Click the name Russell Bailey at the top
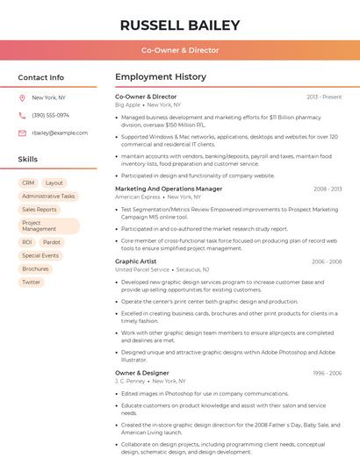[180, 25]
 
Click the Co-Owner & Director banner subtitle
[180, 50]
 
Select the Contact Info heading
[41, 77]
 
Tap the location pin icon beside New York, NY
[22, 97]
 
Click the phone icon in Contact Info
[22, 115]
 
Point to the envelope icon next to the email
[22, 133]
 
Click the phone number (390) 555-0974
[50, 115]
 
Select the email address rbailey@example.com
[60, 133]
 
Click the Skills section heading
[28, 160]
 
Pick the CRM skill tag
[28, 183]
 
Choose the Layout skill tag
[54, 183]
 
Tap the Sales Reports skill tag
[40, 210]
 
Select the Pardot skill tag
[52, 242]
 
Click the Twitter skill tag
[32, 283]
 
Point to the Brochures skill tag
[36, 269]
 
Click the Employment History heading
[160, 77]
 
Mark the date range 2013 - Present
[324, 97]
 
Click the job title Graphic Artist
[136, 261]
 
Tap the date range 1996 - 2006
[327, 373]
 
